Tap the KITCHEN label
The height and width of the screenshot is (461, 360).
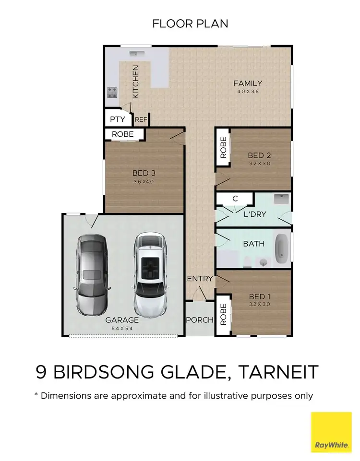135,82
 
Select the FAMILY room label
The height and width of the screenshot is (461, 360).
247,83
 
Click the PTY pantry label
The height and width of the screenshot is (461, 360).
118,119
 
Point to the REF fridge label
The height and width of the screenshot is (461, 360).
141,120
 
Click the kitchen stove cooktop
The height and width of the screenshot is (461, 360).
112,92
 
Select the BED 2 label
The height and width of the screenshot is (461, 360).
260,155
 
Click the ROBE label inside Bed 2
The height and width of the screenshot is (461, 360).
223,148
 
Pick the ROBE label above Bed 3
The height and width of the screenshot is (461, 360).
123,134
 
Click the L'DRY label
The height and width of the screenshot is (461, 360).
254,214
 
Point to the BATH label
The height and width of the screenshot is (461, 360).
253,244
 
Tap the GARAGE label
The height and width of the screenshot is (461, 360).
122,320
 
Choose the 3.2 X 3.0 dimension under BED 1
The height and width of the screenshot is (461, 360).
260,304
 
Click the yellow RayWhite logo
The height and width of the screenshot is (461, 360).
331,432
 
